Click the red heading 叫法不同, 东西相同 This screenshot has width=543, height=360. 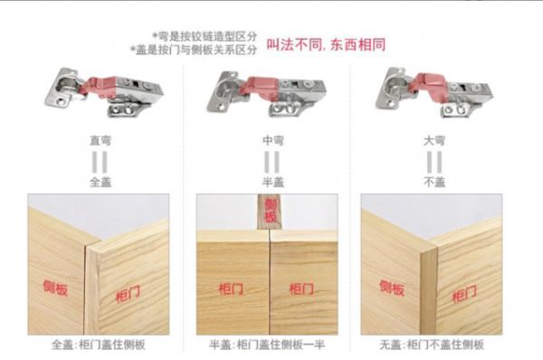(326, 44)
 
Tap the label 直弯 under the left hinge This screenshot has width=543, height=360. (100, 140)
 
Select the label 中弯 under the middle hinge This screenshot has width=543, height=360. (273, 140)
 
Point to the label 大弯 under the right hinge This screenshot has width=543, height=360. (434, 140)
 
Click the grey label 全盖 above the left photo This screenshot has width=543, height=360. (100, 182)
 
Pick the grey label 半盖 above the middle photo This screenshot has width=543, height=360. (273, 182)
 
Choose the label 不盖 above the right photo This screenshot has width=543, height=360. (434, 182)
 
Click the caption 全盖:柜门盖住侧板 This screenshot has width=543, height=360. (99, 345)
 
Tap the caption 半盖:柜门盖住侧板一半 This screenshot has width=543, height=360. (267, 345)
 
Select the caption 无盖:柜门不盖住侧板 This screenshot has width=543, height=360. (432, 345)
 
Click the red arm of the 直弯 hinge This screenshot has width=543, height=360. (100, 85)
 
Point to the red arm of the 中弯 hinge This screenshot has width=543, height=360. (262, 87)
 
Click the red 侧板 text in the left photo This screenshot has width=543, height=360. (55, 288)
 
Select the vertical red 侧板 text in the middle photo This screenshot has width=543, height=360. (270, 211)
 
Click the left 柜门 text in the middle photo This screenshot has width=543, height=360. (232, 289)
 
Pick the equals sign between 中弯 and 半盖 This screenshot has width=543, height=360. (272, 162)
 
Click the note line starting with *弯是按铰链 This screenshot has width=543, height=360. (205, 36)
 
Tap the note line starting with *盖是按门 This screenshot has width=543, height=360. (194, 50)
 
